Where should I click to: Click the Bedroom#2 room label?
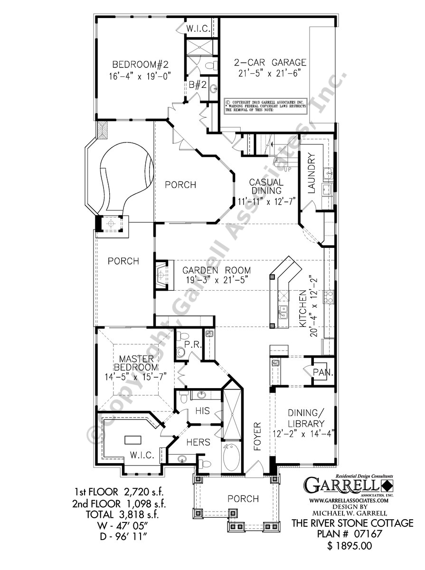coord(134,64)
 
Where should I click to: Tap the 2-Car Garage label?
coord(263,63)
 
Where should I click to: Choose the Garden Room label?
coord(217,270)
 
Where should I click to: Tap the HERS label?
coord(198,442)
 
